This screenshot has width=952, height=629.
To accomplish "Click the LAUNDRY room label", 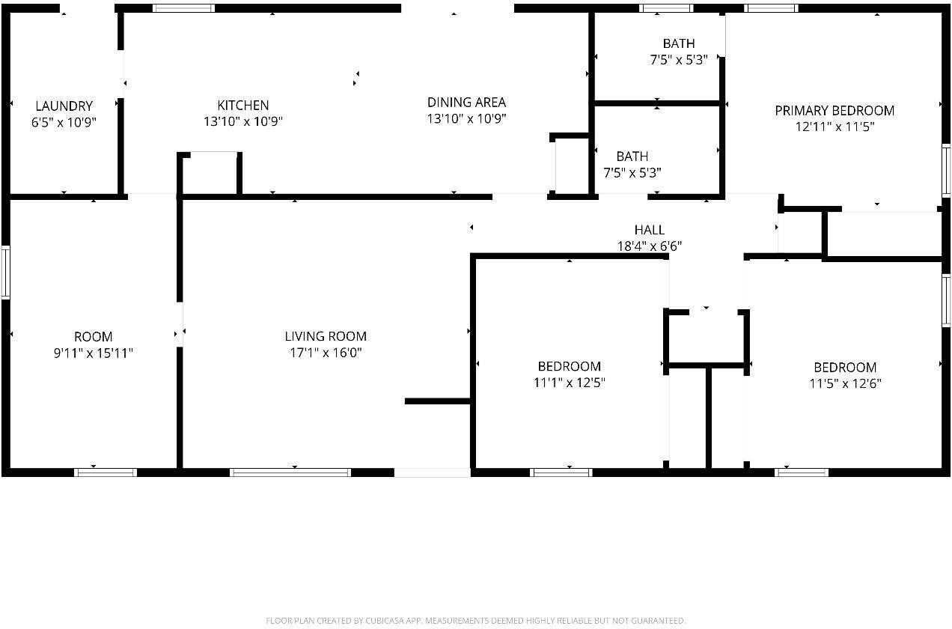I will [64, 106].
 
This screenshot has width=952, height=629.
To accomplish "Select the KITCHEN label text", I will [242, 106].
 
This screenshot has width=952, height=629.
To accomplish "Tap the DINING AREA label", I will [466, 102].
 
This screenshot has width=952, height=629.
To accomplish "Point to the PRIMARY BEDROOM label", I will [834, 111].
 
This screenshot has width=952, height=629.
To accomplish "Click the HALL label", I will [649, 230].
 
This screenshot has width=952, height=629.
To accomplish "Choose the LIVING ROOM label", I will [326, 337].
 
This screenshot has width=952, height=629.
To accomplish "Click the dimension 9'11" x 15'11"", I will [93, 353].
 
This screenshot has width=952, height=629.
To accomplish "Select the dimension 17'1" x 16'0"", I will [326, 353].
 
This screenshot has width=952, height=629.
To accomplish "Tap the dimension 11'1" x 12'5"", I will [569, 383].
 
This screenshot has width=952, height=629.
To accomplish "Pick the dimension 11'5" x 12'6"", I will [845, 383].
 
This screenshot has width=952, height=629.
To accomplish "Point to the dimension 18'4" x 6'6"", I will [649, 246].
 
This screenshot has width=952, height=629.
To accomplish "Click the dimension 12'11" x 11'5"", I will [834, 127].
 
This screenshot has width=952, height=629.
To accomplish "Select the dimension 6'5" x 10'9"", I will [64, 122].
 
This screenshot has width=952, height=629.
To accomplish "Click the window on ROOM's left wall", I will [6, 273].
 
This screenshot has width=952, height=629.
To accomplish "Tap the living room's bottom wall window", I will [290, 472].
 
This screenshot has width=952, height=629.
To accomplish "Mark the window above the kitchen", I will [183, 8].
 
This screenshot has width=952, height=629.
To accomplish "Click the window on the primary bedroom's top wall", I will [771, 8].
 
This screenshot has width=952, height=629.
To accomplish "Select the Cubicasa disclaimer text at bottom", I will [475, 620].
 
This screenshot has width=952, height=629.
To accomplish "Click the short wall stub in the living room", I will [437, 401].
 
